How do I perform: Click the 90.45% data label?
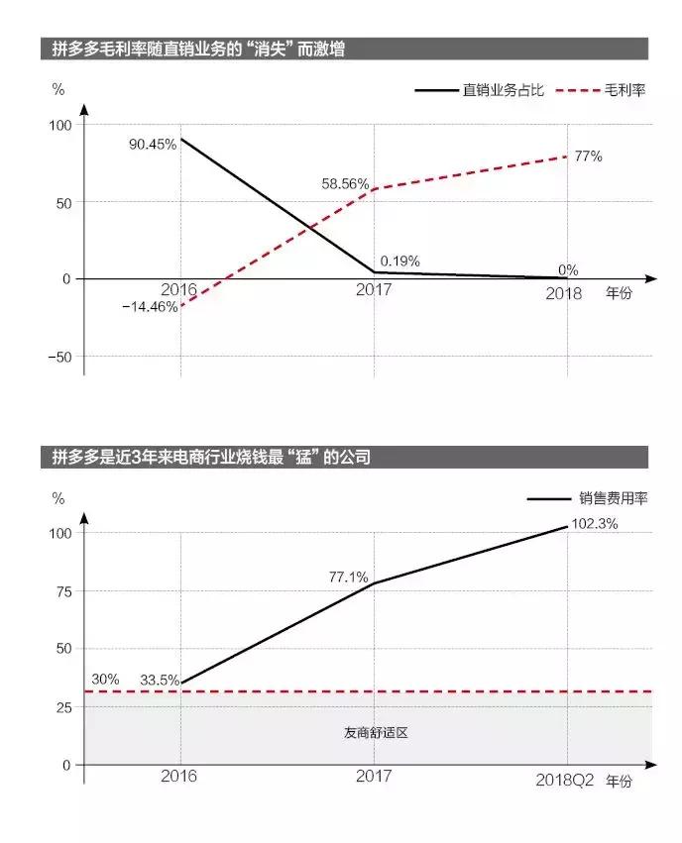click(153, 144)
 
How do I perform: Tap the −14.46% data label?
click(151, 307)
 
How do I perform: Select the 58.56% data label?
click(345, 184)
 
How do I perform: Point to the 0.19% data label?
click(400, 262)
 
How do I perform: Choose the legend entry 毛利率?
click(625, 90)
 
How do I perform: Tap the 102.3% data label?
click(595, 524)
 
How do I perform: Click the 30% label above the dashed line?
click(105, 680)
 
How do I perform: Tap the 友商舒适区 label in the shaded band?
click(376, 734)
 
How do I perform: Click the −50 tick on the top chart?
click(60, 357)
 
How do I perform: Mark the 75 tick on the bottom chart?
click(64, 591)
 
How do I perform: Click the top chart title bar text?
click(198, 49)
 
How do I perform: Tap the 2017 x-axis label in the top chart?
click(374, 290)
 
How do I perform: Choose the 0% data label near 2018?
click(568, 270)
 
